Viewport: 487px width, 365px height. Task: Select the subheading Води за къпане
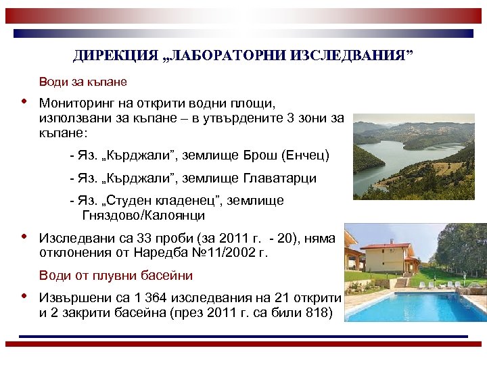(x=83, y=82)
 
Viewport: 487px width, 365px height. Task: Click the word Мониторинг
(x=73, y=104)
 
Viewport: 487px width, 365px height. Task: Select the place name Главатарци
(x=277, y=178)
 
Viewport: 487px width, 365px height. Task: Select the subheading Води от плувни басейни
(x=116, y=276)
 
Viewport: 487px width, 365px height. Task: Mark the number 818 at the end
(x=316, y=312)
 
